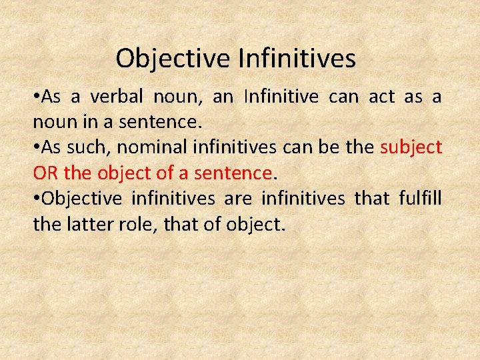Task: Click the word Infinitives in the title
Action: (297, 59)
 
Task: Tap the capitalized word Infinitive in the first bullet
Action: (281, 97)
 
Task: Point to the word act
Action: (382, 97)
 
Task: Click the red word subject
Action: (411, 147)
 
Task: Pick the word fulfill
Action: (420, 199)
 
